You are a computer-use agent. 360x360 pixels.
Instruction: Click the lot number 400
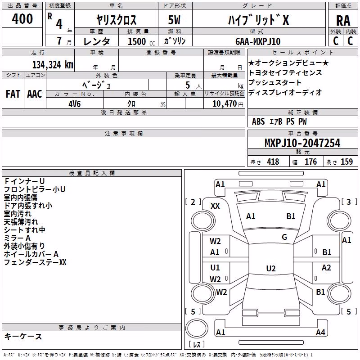(22, 18)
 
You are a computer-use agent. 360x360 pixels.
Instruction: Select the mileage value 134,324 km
(53, 65)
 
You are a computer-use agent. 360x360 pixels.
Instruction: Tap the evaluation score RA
(343, 21)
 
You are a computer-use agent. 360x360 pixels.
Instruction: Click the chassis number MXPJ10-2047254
(302, 143)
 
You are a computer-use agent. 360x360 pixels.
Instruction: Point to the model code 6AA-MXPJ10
(258, 41)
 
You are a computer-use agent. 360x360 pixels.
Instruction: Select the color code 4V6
(75, 104)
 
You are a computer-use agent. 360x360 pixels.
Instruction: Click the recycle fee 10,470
(225, 104)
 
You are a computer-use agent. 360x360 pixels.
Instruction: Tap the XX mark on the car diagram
(215, 206)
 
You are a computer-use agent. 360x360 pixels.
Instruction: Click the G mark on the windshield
(284, 237)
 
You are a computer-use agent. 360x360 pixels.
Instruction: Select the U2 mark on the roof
(271, 268)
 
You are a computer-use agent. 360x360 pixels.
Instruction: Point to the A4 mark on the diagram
(320, 332)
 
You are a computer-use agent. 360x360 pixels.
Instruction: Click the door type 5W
(174, 20)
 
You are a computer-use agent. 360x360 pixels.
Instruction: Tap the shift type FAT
(13, 94)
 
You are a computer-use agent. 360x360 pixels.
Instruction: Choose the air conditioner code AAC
(35, 94)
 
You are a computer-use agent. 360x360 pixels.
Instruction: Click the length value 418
(273, 162)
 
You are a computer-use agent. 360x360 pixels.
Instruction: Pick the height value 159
(346, 162)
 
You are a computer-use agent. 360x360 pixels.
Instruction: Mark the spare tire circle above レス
(197, 328)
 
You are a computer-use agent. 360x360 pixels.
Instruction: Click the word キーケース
(23, 336)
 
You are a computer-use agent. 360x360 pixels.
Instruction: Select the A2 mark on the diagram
(326, 267)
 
